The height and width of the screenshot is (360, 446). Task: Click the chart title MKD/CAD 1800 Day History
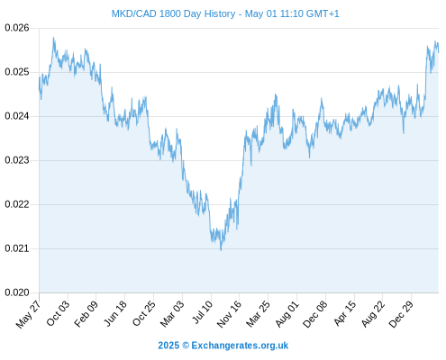coord(173,13)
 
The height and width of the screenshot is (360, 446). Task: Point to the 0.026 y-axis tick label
coord(17,28)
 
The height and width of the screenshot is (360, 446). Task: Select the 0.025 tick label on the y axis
coord(17,72)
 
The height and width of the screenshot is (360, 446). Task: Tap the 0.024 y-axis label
coord(17,116)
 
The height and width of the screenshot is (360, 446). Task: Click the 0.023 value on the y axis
coord(17,160)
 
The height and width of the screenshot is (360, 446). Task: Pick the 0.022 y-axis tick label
coord(17,204)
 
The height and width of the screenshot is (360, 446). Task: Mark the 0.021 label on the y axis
coord(17,248)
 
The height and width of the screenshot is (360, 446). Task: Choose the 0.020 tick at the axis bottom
coord(17,292)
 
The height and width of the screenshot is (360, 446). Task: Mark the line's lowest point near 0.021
coord(221,250)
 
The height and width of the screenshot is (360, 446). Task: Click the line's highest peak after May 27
coord(53,38)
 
